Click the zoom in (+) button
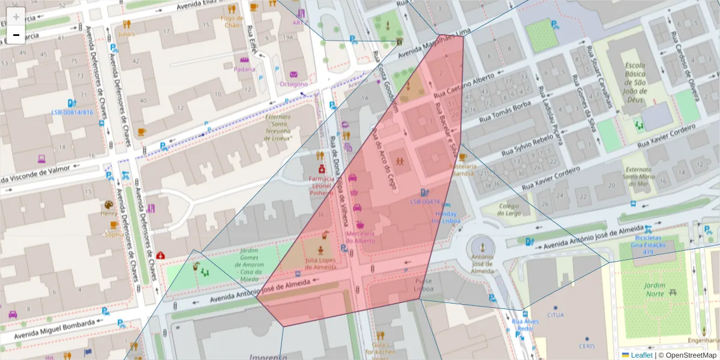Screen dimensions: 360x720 [16, 17]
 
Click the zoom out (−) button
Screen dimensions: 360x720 [16, 35]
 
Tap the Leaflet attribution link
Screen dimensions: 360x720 [641, 355]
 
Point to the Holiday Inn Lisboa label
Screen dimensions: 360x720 [446, 217]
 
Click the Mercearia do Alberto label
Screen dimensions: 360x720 [360, 236]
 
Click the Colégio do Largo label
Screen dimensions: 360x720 [509, 208]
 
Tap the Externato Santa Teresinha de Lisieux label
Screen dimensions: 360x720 [278, 128]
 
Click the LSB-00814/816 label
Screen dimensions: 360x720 [72, 112]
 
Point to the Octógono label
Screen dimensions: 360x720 [293, 84]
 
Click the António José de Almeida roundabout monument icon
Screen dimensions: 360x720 [479, 245]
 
